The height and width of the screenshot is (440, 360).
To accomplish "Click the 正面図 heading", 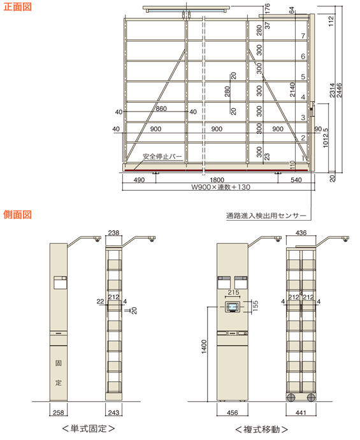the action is click(17, 7).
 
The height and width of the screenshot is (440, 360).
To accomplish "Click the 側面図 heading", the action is click(17, 215).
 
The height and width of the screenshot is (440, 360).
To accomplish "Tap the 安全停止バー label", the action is click(162, 156).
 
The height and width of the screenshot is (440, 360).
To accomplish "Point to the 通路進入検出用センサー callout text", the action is click(266, 216).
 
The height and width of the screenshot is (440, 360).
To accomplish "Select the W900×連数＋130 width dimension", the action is click(220, 187).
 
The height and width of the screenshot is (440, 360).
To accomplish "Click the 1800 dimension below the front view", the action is click(217, 180).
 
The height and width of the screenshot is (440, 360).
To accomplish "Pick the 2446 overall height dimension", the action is click(339, 90).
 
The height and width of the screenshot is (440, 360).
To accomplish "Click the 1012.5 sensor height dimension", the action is click(326, 138).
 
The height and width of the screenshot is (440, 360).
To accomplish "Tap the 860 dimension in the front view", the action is click(161, 108).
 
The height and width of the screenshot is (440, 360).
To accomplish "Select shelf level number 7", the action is click(303, 36).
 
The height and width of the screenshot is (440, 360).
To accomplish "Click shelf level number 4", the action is click(303, 97).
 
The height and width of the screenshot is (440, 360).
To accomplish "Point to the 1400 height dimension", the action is click(204, 346).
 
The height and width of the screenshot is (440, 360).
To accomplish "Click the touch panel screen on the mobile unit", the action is click(233, 307).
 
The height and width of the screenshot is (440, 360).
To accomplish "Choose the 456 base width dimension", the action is click(233, 413).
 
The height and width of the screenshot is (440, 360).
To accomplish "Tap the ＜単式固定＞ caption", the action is click(89, 429).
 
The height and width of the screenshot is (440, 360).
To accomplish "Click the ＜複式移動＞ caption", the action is click(261, 429).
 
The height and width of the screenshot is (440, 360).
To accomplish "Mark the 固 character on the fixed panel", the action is click(59, 363).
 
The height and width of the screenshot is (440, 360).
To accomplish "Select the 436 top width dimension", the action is click(301, 233).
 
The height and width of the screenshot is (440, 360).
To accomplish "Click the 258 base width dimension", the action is click(59, 413).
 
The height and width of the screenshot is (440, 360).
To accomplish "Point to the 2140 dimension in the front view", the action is click(292, 89).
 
